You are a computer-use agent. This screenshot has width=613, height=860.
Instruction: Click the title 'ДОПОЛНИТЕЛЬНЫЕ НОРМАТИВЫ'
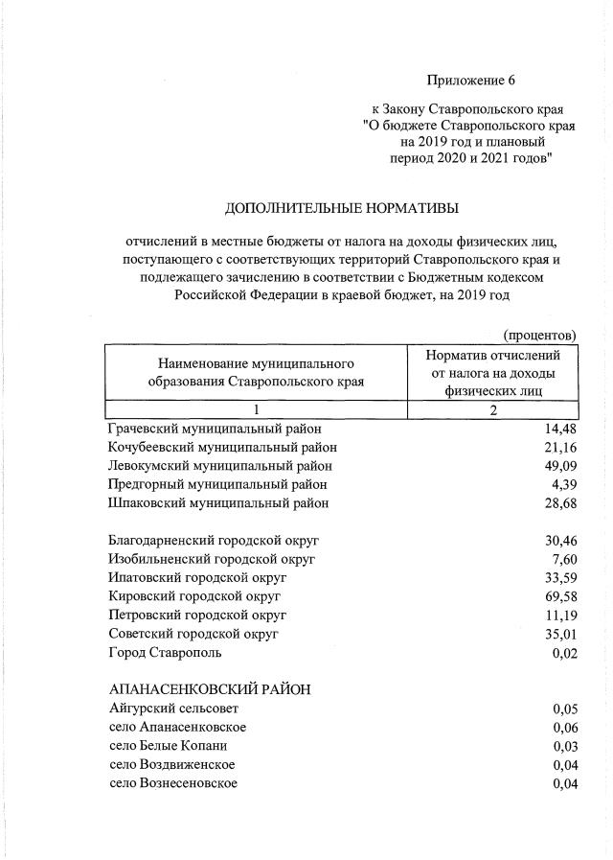tap(341, 208)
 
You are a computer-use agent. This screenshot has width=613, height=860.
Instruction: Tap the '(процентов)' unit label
tap(539, 335)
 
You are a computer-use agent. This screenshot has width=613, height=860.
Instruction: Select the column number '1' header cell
tap(257, 411)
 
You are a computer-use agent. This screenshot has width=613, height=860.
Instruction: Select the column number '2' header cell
tap(492, 411)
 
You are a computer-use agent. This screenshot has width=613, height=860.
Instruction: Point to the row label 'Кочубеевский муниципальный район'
tap(223, 447)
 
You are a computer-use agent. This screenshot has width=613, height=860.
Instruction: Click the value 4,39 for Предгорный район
tap(563, 483)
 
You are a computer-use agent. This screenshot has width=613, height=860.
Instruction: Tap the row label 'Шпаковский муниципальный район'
tap(219, 501)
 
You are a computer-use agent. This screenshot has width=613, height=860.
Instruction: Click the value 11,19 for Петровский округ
tap(559, 614)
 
